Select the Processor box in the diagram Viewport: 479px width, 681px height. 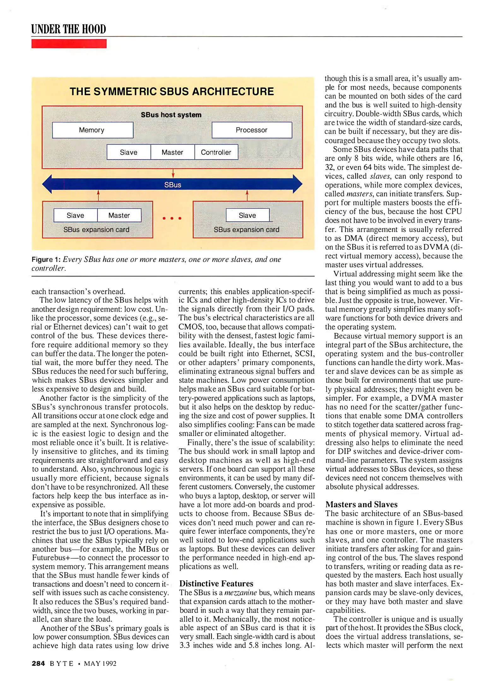point(251,130)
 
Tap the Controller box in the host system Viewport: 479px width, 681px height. point(216,152)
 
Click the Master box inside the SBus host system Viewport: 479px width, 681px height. point(172,152)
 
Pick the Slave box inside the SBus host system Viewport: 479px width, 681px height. point(129,152)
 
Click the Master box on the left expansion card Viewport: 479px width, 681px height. point(119,215)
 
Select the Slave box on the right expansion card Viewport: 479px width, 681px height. point(247,215)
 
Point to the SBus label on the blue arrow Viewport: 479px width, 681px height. point(173,185)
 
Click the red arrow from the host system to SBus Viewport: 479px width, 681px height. point(173,173)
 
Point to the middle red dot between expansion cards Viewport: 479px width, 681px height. point(172,218)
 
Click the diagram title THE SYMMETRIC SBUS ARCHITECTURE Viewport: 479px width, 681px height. point(172,91)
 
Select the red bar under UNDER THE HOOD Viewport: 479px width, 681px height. point(69,44)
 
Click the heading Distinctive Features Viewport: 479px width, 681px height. point(216,583)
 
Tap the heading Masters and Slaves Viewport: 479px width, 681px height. point(361,504)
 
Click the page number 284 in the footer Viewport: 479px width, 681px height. point(38,663)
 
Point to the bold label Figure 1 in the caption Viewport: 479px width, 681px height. point(46,259)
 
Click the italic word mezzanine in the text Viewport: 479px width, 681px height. point(240,592)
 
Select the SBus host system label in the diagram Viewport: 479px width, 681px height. point(171,115)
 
